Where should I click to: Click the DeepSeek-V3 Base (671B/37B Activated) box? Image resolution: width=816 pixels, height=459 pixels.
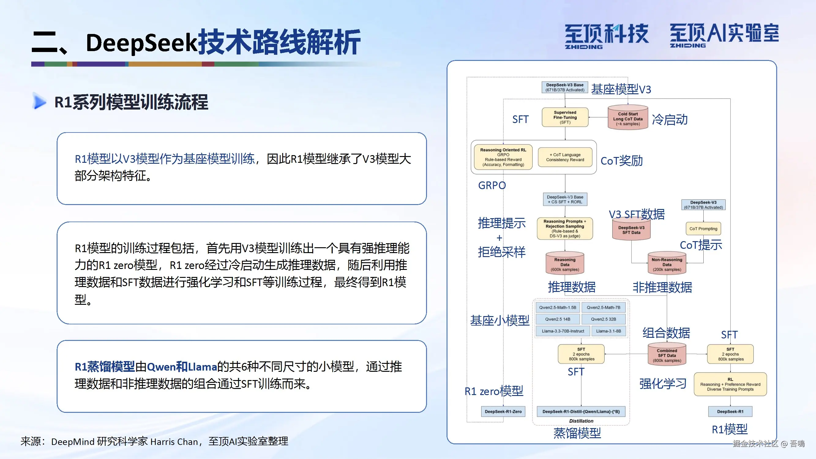[564, 88]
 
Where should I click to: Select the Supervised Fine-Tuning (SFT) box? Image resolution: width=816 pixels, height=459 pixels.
[565, 117]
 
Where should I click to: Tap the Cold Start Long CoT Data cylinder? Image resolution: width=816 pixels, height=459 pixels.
[627, 118]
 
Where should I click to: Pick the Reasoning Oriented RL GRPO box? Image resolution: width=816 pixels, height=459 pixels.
[503, 157]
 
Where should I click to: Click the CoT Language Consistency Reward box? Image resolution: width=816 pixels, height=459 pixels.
[565, 157]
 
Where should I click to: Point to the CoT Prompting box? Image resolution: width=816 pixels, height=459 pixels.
[703, 228]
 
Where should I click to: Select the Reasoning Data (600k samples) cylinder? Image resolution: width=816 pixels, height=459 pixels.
[564, 264]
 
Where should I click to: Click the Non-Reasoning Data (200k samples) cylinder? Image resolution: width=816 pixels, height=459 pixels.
[667, 264]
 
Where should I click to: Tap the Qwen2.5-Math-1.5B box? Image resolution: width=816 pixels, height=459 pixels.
[557, 307]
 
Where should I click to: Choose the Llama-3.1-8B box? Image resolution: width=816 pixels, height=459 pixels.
[608, 331]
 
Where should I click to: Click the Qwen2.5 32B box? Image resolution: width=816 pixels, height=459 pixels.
[603, 319]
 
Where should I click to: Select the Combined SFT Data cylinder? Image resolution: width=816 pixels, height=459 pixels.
[667, 355]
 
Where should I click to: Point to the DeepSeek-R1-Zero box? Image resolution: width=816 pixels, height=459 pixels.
[503, 412]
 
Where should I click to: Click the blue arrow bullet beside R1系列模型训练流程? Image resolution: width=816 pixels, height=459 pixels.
[39, 102]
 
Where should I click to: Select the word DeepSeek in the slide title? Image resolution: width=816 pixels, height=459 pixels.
[142, 43]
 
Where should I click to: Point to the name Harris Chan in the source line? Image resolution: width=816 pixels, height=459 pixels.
[174, 441]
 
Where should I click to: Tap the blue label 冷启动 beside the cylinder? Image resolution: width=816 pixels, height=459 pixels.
[669, 120]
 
